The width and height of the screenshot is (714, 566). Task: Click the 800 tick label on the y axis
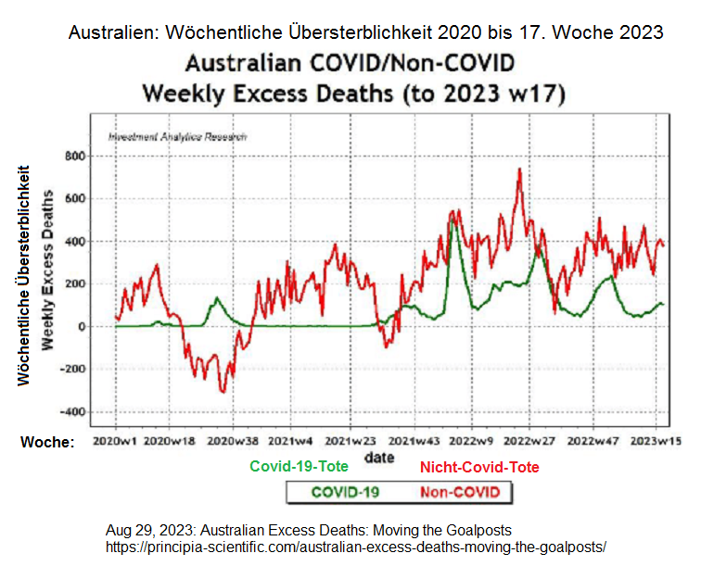pyautogui.click(x=72, y=155)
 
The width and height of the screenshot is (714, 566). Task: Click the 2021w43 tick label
pyautogui.click(x=414, y=442)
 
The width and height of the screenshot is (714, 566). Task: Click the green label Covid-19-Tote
pyautogui.click(x=300, y=467)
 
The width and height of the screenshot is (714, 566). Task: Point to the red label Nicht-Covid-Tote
pyautogui.click(x=479, y=467)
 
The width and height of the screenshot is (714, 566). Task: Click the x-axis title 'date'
pyautogui.click(x=378, y=458)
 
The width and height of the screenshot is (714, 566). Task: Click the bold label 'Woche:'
pyautogui.click(x=47, y=443)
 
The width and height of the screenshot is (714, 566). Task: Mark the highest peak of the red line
pyautogui.click(x=519, y=169)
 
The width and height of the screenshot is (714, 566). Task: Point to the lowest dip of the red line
pyautogui.click(x=223, y=392)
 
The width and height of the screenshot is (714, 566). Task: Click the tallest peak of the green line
pyautogui.click(x=453, y=222)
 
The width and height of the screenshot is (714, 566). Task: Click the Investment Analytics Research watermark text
pyautogui.click(x=178, y=136)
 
